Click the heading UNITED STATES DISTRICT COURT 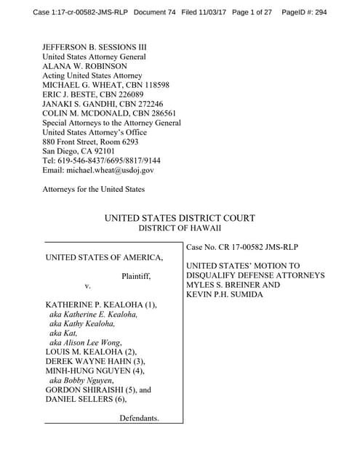(x=180, y=218)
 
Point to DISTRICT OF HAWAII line (x=180, y=228)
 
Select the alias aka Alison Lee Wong (x=85, y=342)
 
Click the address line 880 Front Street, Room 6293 (x=95, y=142)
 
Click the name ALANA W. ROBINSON (x=89, y=65)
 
